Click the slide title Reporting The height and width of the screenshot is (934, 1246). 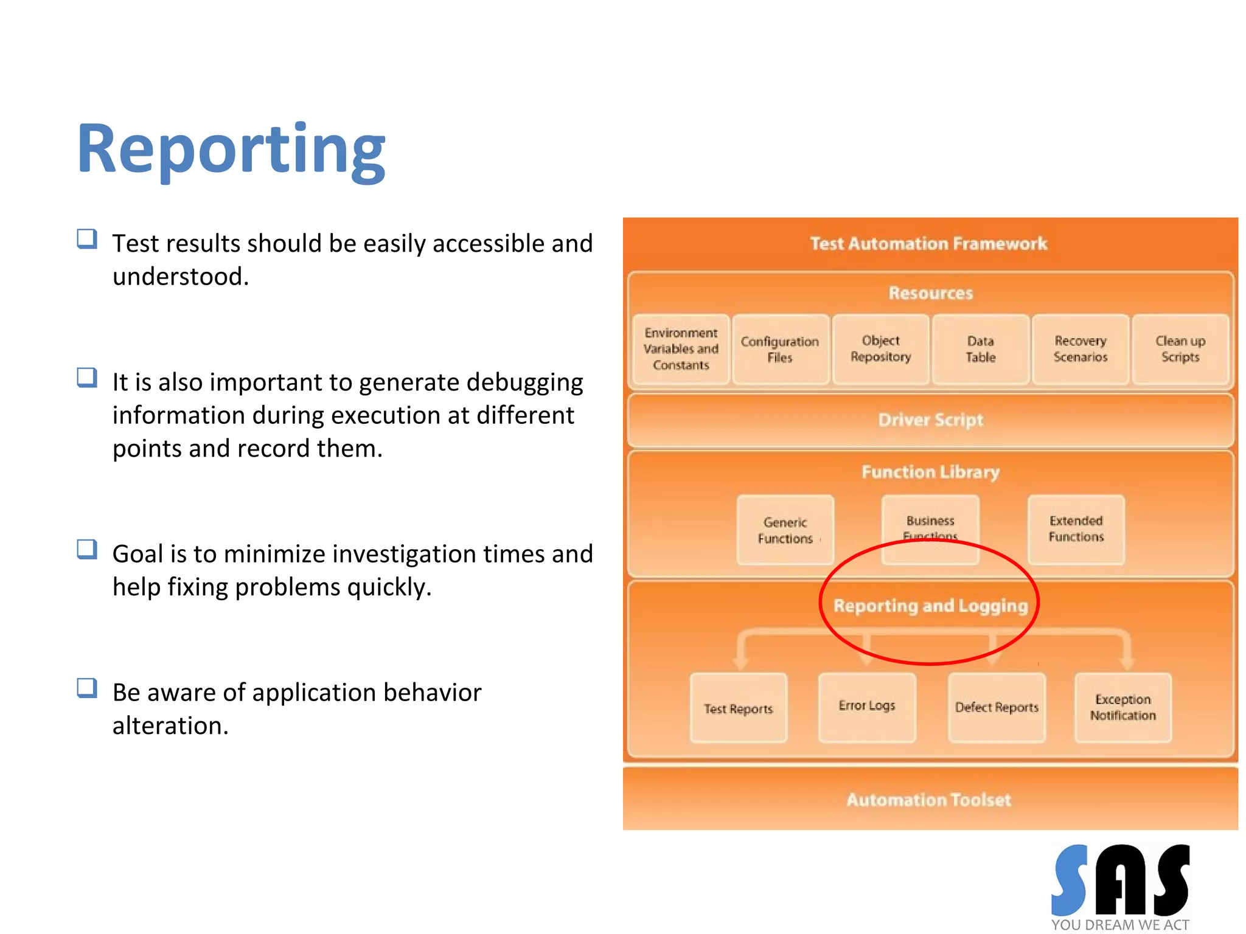(231, 149)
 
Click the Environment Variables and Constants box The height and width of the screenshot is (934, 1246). (681, 349)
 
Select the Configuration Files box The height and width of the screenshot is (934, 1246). (780, 349)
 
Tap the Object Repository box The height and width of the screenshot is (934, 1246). (880, 349)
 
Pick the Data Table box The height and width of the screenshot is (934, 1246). (980, 349)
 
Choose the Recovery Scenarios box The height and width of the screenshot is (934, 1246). (1081, 349)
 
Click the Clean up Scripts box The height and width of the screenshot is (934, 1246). (1180, 349)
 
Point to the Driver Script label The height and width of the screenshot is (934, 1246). (930, 420)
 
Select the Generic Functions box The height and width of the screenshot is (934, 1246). (785, 530)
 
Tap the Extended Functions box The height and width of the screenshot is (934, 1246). (1076, 529)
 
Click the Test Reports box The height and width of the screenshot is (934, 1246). (738, 708)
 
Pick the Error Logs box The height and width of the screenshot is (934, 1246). (866, 706)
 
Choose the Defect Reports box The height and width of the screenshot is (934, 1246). (997, 707)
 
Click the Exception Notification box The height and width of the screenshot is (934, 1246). (1122, 707)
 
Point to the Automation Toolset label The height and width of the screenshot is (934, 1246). (929, 800)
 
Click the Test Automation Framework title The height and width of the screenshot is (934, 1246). (929, 244)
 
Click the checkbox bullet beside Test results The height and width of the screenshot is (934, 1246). (87, 239)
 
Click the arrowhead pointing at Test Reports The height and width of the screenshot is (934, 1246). (740, 662)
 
